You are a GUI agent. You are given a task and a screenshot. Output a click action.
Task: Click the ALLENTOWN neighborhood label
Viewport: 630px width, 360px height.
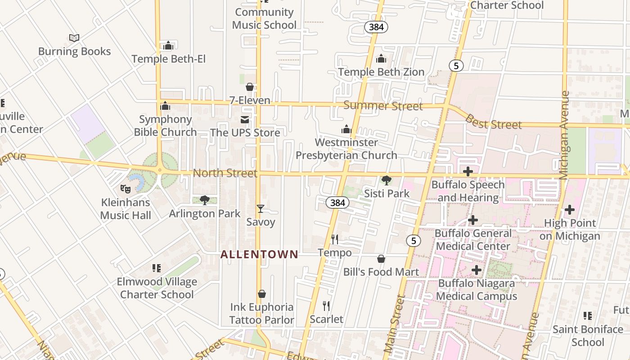[x=259, y=254]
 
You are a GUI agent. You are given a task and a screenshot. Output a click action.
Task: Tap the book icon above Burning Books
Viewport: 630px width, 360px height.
[x=74, y=38]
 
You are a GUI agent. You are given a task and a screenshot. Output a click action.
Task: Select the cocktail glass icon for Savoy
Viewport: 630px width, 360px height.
[x=260, y=209]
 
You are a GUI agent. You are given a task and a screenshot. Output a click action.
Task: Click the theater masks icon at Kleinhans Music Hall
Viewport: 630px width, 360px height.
[x=126, y=189]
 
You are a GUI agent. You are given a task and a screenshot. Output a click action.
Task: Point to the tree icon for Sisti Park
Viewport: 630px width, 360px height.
[x=386, y=180]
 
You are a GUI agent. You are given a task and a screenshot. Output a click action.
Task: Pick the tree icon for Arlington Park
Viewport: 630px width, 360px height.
[x=205, y=200]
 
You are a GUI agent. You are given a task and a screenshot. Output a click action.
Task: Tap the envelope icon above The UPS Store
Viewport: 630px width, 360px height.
[x=245, y=120]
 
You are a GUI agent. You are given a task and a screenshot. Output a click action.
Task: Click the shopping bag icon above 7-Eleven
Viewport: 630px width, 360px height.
[x=250, y=87]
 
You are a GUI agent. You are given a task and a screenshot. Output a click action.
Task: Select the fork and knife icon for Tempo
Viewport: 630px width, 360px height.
[x=335, y=239]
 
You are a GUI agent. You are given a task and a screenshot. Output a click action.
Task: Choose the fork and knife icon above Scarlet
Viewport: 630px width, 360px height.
[x=327, y=306]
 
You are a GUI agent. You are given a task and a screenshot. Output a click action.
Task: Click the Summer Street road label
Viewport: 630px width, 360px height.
[x=383, y=106]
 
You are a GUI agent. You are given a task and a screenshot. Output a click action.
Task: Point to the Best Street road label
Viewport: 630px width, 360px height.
[x=493, y=122]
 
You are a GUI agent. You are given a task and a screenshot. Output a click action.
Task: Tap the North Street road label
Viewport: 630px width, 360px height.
[x=225, y=173]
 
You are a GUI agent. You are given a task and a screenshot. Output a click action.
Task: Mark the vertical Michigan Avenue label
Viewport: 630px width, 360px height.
[x=565, y=135]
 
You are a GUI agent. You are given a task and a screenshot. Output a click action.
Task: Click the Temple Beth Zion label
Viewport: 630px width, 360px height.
[x=381, y=72]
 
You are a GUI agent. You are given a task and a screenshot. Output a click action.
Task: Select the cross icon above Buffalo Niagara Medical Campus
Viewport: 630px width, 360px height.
[x=477, y=270]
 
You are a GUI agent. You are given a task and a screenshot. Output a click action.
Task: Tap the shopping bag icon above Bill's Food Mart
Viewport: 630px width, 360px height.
[x=381, y=259]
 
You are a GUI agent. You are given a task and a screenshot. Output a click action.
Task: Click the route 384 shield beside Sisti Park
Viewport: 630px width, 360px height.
[x=337, y=203]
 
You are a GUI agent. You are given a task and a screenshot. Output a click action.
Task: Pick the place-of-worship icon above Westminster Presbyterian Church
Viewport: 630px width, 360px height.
[x=346, y=130]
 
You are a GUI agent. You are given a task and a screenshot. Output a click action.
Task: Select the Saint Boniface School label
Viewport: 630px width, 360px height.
[x=588, y=336]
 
